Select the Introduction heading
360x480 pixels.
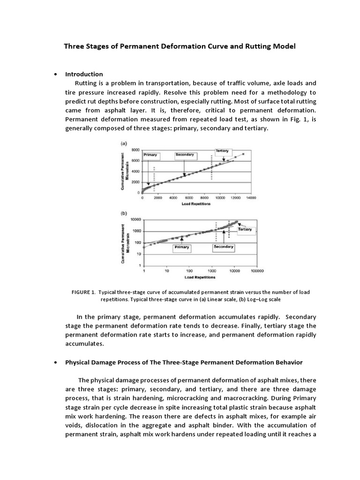(x=84, y=74)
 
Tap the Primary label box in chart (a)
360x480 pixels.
(x=150, y=155)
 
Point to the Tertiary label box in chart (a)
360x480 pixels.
(x=222, y=150)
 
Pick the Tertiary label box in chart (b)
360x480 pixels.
(x=245, y=229)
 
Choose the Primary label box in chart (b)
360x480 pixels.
(x=181, y=247)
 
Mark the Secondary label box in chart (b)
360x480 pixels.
(x=224, y=247)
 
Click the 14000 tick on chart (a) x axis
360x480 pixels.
(x=251, y=198)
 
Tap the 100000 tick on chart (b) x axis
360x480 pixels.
(x=257, y=270)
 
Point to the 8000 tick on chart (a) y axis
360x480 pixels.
(x=135, y=150)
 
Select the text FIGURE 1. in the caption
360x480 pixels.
(x=83, y=292)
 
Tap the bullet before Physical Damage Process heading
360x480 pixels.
(x=56, y=363)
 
